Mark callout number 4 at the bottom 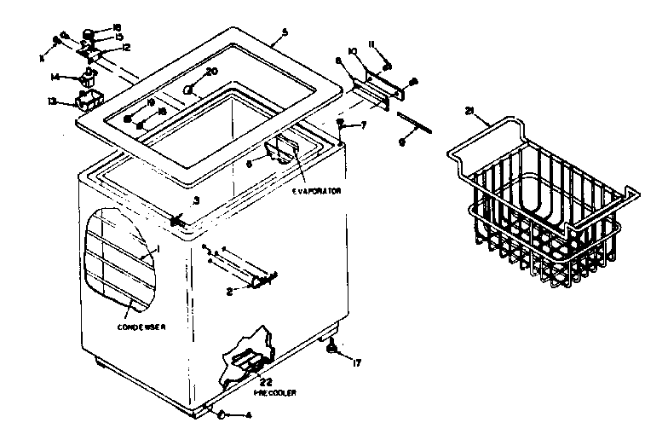[x=248, y=415]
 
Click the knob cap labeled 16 [x=88, y=36]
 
